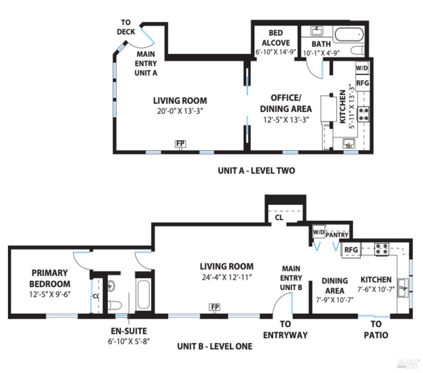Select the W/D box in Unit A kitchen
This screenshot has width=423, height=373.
pyautogui.click(x=362, y=68)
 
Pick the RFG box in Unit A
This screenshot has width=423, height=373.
pyautogui.click(x=362, y=83)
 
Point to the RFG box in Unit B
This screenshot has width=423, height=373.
pyautogui.click(x=351, y=249)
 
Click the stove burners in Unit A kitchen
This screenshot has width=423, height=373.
pyautogui.click(x=364, y=114)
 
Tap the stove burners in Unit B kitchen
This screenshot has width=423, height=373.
pyautogui.click(x=382, y=249)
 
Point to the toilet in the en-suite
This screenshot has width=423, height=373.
pyautogui.click(x=115, y=305)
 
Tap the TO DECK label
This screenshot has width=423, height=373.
pyautogui.click(x=126, y=27)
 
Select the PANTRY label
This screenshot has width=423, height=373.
pyautogui.click(x=337, y=235)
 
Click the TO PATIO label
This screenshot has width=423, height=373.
pyautogui.click(x=376, y=330)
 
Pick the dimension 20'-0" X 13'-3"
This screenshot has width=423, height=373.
pyautogui.click(x=180, y=111)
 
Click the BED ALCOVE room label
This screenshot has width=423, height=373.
pyautogui.click(x=276, y=38)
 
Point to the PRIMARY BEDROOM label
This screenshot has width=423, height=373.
pyautogui.click(x=50, y=278)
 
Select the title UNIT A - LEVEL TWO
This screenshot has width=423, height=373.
pyautogui.click(x=256, y=171)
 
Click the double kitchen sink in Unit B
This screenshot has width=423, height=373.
pyautogui.click(x=403, y=288)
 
